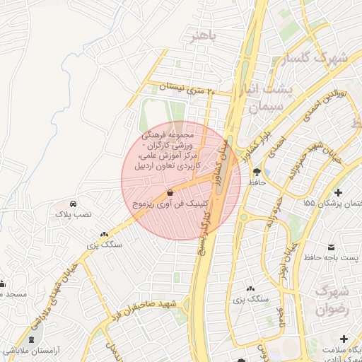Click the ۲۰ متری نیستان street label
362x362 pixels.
click(x=185, y=88)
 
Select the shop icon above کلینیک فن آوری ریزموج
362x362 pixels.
click(x=170, y=193)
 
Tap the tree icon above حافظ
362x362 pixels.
click(x=256, y=172)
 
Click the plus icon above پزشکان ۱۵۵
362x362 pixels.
click(x=339, y=192)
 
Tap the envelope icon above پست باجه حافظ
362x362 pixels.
click(x=332, y=247)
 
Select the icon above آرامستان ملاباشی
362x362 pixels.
click(x=30, y=340)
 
